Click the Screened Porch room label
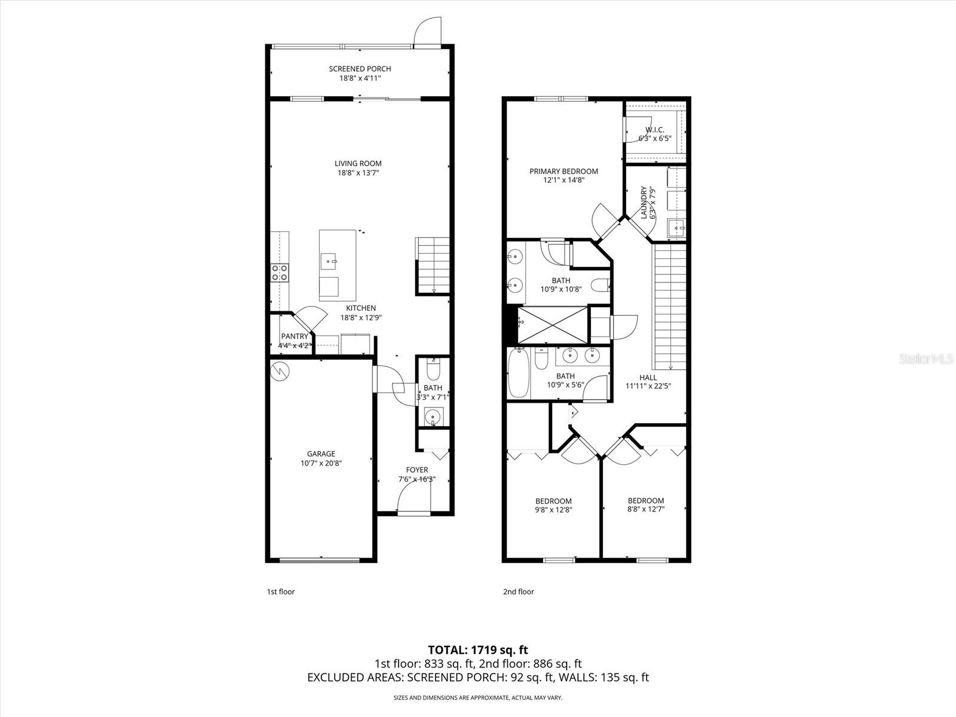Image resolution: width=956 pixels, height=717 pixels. (x=360, y=69)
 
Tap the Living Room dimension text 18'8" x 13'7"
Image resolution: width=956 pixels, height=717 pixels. (x=358, y=173)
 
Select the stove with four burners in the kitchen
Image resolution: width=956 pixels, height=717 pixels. (x=280, y=272)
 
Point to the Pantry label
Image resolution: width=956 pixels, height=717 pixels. (x=295, y=336)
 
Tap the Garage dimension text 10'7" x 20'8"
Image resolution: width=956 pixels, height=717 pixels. (x=321, y=463)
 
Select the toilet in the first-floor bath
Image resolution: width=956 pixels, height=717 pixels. (x=433, y=371)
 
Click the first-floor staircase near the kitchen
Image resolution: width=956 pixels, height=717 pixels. (x=433, y=265)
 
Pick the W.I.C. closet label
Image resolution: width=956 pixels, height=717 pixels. (x=655, y=130)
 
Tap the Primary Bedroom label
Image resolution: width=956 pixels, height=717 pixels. (x=563, y=171)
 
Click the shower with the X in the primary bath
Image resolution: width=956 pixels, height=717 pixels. (x=553, y=325)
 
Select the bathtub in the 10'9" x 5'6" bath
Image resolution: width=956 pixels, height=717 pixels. (x=519, y=375)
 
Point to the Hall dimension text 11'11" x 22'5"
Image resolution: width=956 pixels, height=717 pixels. (x=648, y=386)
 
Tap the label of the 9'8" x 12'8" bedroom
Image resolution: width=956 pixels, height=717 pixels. (x=553, y=501)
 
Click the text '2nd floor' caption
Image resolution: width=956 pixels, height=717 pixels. (x=518, y=592)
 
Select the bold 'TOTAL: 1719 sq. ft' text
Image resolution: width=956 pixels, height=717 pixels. (x=478, y=649)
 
